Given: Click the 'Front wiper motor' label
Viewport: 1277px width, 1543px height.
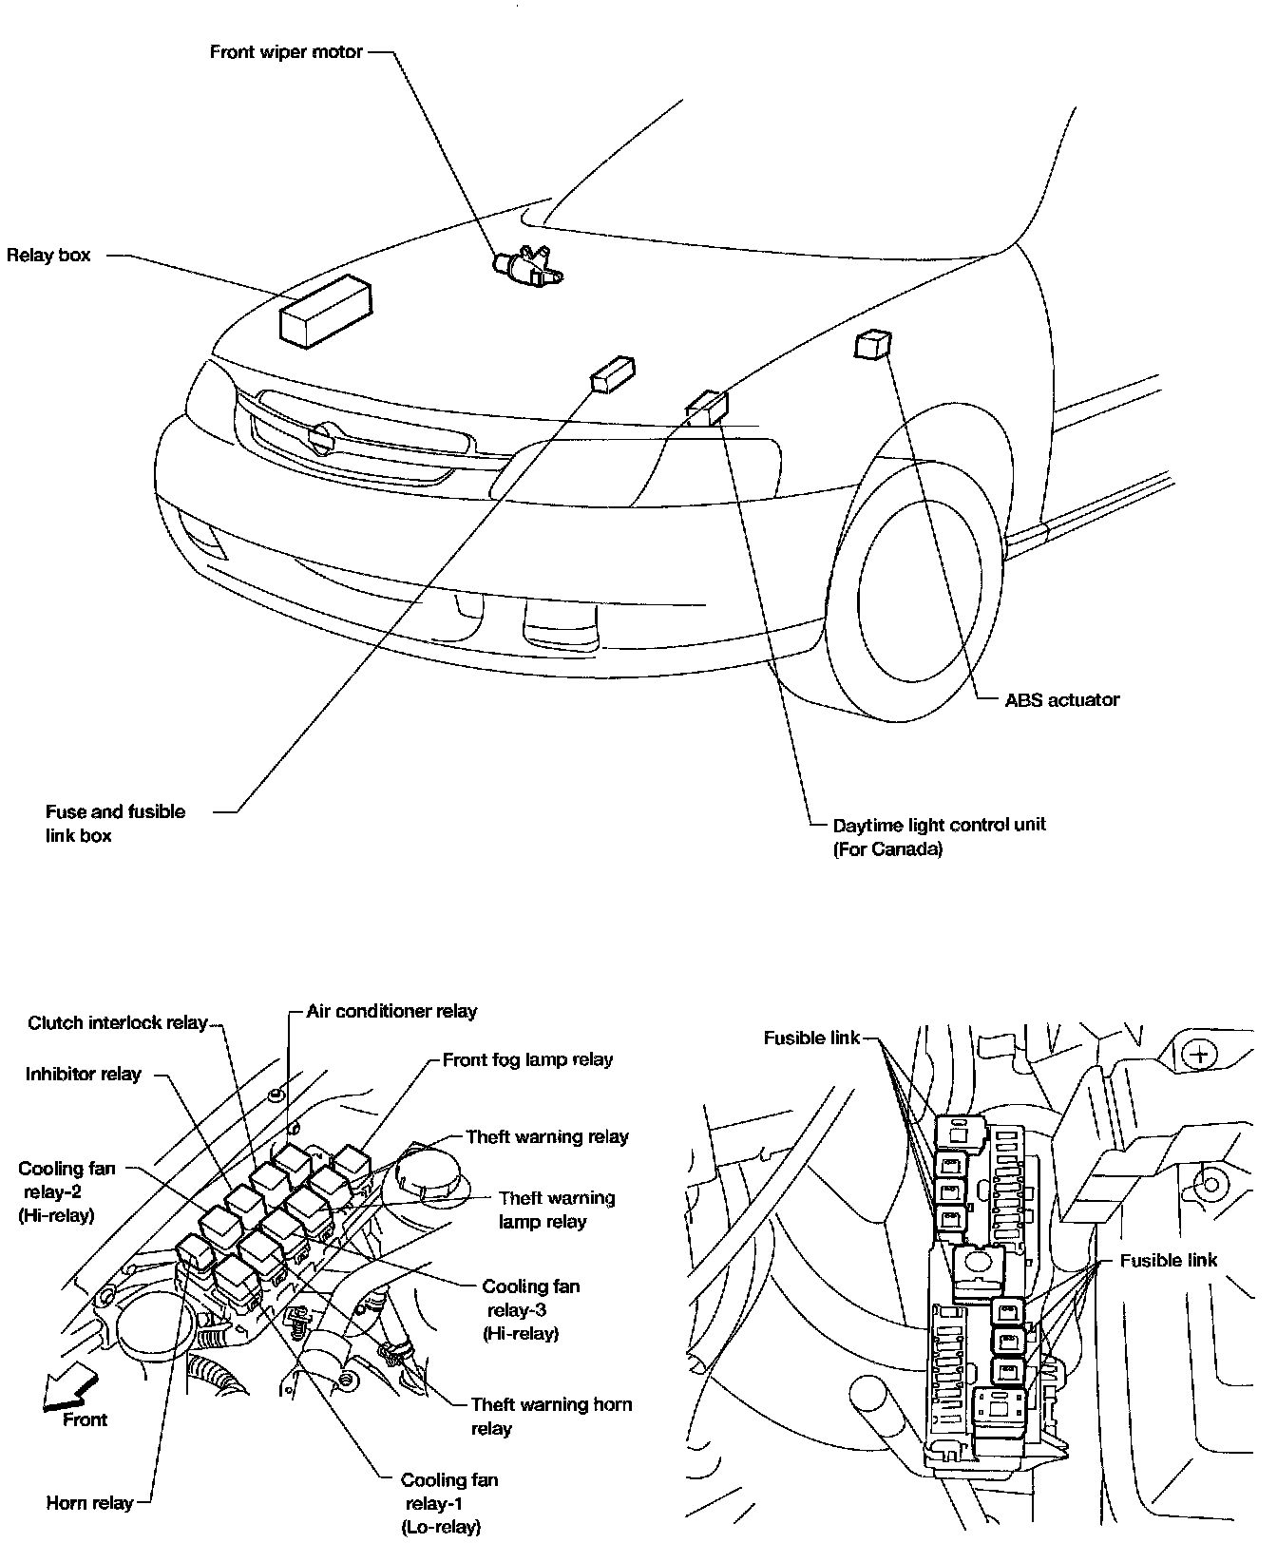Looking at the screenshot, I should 286,51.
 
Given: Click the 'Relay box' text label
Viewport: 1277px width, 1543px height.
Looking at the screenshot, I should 48,255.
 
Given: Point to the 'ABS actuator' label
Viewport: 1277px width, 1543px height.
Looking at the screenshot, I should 1061,700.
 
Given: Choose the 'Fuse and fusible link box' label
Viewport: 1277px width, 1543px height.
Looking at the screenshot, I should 115,824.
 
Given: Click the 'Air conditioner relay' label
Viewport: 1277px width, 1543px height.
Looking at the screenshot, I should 391,1011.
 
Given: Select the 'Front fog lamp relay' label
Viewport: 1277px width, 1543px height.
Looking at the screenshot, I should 527,1059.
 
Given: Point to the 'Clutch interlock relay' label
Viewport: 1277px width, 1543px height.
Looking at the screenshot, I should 118,1022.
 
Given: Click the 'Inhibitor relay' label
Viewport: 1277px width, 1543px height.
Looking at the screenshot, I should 84,1074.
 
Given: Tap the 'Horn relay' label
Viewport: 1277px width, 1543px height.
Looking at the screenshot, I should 89,1503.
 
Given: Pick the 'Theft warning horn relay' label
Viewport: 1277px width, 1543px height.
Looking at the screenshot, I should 551,1416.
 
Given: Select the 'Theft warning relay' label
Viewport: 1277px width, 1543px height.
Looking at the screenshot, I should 547,1136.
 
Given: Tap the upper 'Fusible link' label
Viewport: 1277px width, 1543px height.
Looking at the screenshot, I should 811,1038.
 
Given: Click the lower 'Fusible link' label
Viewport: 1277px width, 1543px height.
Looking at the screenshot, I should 1168,1261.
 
